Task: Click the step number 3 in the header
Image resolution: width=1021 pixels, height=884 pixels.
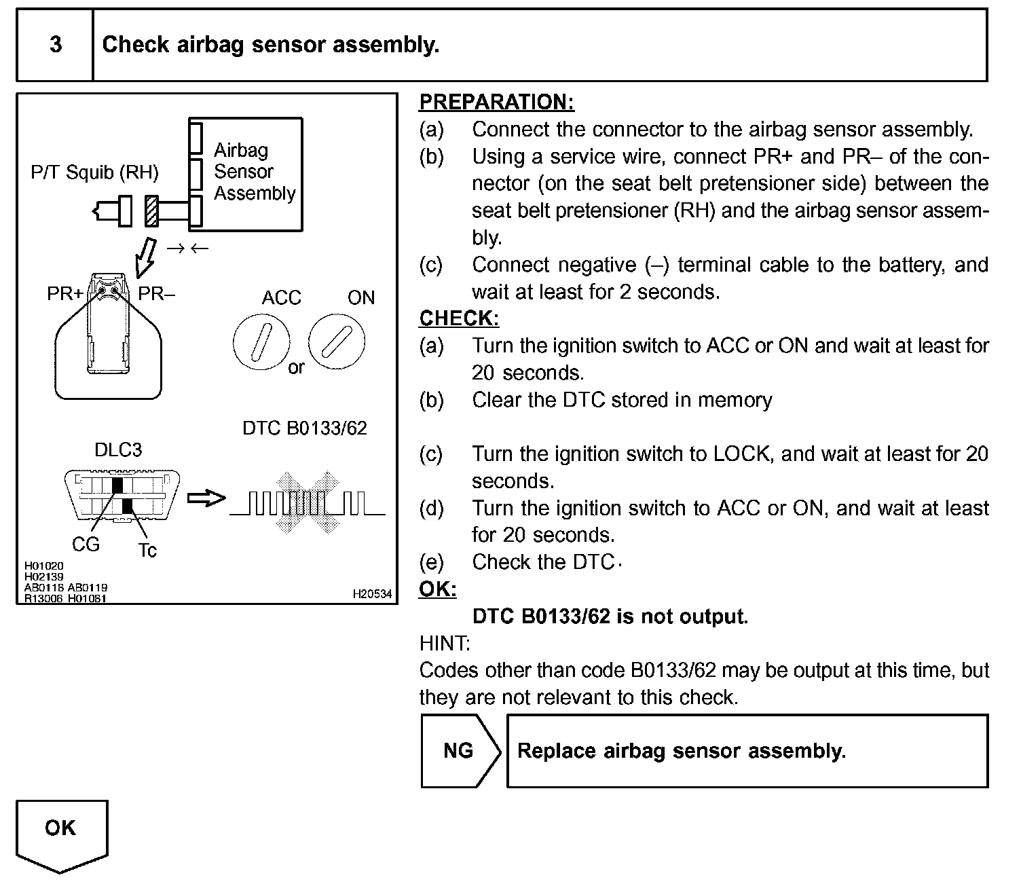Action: [56, 45]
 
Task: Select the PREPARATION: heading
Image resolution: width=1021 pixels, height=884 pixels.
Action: [496, 102]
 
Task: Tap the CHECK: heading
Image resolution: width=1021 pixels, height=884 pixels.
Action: [459, 318]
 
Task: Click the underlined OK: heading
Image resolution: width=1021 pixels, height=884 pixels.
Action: [438, 589]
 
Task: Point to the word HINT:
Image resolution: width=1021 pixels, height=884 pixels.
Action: [445, 643]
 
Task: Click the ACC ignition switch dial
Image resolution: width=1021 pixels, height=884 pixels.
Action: [261, 342]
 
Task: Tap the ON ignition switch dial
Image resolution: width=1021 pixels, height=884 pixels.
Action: [337, 342]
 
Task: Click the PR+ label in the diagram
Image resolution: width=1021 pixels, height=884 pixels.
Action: [65, 295]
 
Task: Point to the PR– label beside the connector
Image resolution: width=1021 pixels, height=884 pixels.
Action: [157, 295]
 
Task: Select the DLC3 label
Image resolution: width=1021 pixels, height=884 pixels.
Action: [118, 449]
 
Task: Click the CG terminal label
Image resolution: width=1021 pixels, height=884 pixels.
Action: [86, 545]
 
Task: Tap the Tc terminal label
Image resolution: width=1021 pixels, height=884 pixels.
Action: [147, 549]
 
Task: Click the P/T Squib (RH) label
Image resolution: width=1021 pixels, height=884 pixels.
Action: [94, 172]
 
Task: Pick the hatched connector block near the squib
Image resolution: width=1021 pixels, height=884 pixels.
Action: [151, 211]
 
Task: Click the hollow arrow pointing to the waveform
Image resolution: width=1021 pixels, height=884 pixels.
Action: [206, 499]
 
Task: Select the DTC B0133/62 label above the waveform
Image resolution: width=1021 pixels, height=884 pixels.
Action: [305, 428]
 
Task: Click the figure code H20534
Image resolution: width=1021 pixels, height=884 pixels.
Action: [372, 594]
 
